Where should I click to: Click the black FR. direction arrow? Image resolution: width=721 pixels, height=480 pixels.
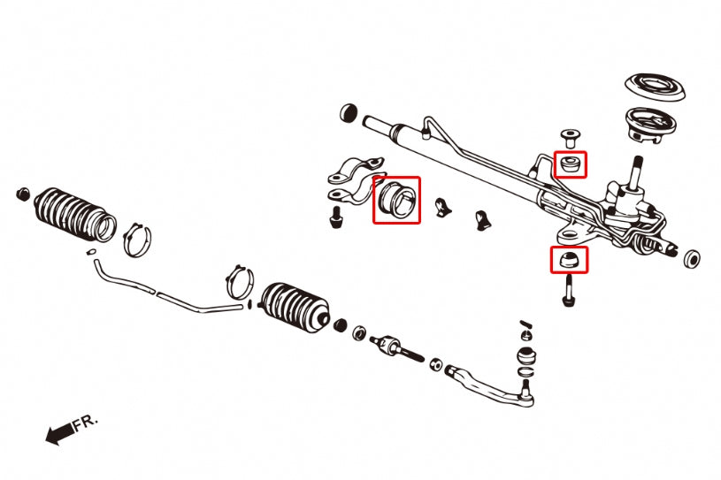[x=58, y=433]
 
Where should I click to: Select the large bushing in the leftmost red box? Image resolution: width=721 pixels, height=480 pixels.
[x=395, y=200]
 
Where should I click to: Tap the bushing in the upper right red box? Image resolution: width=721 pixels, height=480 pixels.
[x=570, y=164]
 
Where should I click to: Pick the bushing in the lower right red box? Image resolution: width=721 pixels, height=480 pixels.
[x=569, y=259]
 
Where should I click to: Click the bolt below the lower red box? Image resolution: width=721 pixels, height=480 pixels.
[x=568, y=290]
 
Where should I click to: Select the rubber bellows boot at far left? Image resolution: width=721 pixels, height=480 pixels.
[x=73, y=213]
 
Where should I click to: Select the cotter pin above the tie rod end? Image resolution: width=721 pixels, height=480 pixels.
[x=525, y=325]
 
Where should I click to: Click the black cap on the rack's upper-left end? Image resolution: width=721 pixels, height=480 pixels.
[x=348, y=112]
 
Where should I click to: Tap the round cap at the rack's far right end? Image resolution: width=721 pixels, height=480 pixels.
[x=693, y=258]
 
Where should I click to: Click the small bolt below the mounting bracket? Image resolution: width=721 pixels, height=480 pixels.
[x=335, y=217]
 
